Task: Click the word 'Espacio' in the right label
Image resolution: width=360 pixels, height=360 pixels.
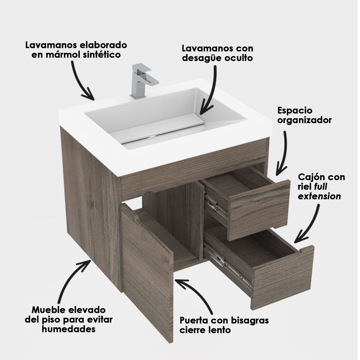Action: click(x=295, y=111)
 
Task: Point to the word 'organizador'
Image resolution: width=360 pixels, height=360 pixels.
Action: click(x=304, y=120)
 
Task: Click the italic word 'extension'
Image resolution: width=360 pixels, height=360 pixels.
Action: click(x=319, y=196)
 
